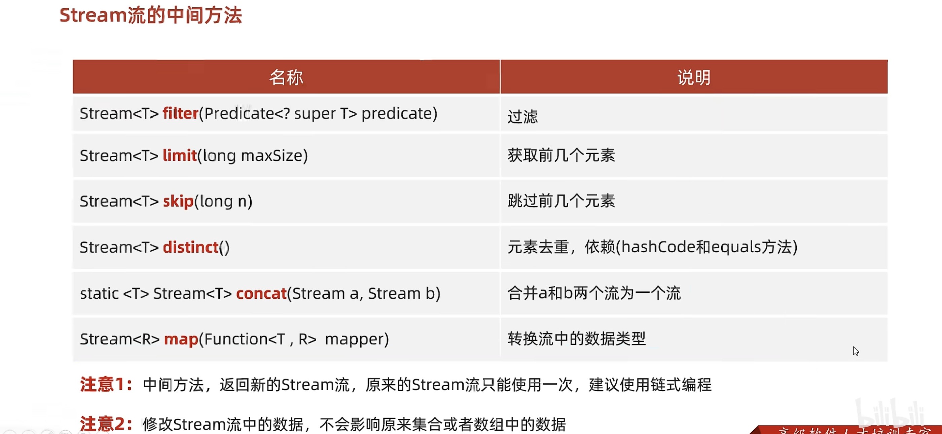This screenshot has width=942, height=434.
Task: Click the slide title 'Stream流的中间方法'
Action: (x=151, y=16)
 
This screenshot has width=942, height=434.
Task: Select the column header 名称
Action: (x=286, y=77)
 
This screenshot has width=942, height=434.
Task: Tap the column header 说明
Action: (x=694, y=77)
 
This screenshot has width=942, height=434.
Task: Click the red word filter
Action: (x=180, y=114)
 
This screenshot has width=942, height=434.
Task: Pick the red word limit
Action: (x=180, y=156)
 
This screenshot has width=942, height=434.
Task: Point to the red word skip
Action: (x=178, y=202)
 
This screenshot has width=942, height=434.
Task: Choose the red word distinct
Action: (x=190, y=248)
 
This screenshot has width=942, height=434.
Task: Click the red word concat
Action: (x=261, y=294)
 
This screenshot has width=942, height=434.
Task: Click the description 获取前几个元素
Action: (x=561, y=155)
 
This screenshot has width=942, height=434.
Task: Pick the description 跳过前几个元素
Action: (x=561, y=201)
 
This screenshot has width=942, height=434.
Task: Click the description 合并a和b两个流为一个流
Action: (x=594, y=293)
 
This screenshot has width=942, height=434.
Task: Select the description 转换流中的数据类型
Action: (x=576, y=339)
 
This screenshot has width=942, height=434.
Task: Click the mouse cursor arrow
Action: (x=855, y=351)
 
